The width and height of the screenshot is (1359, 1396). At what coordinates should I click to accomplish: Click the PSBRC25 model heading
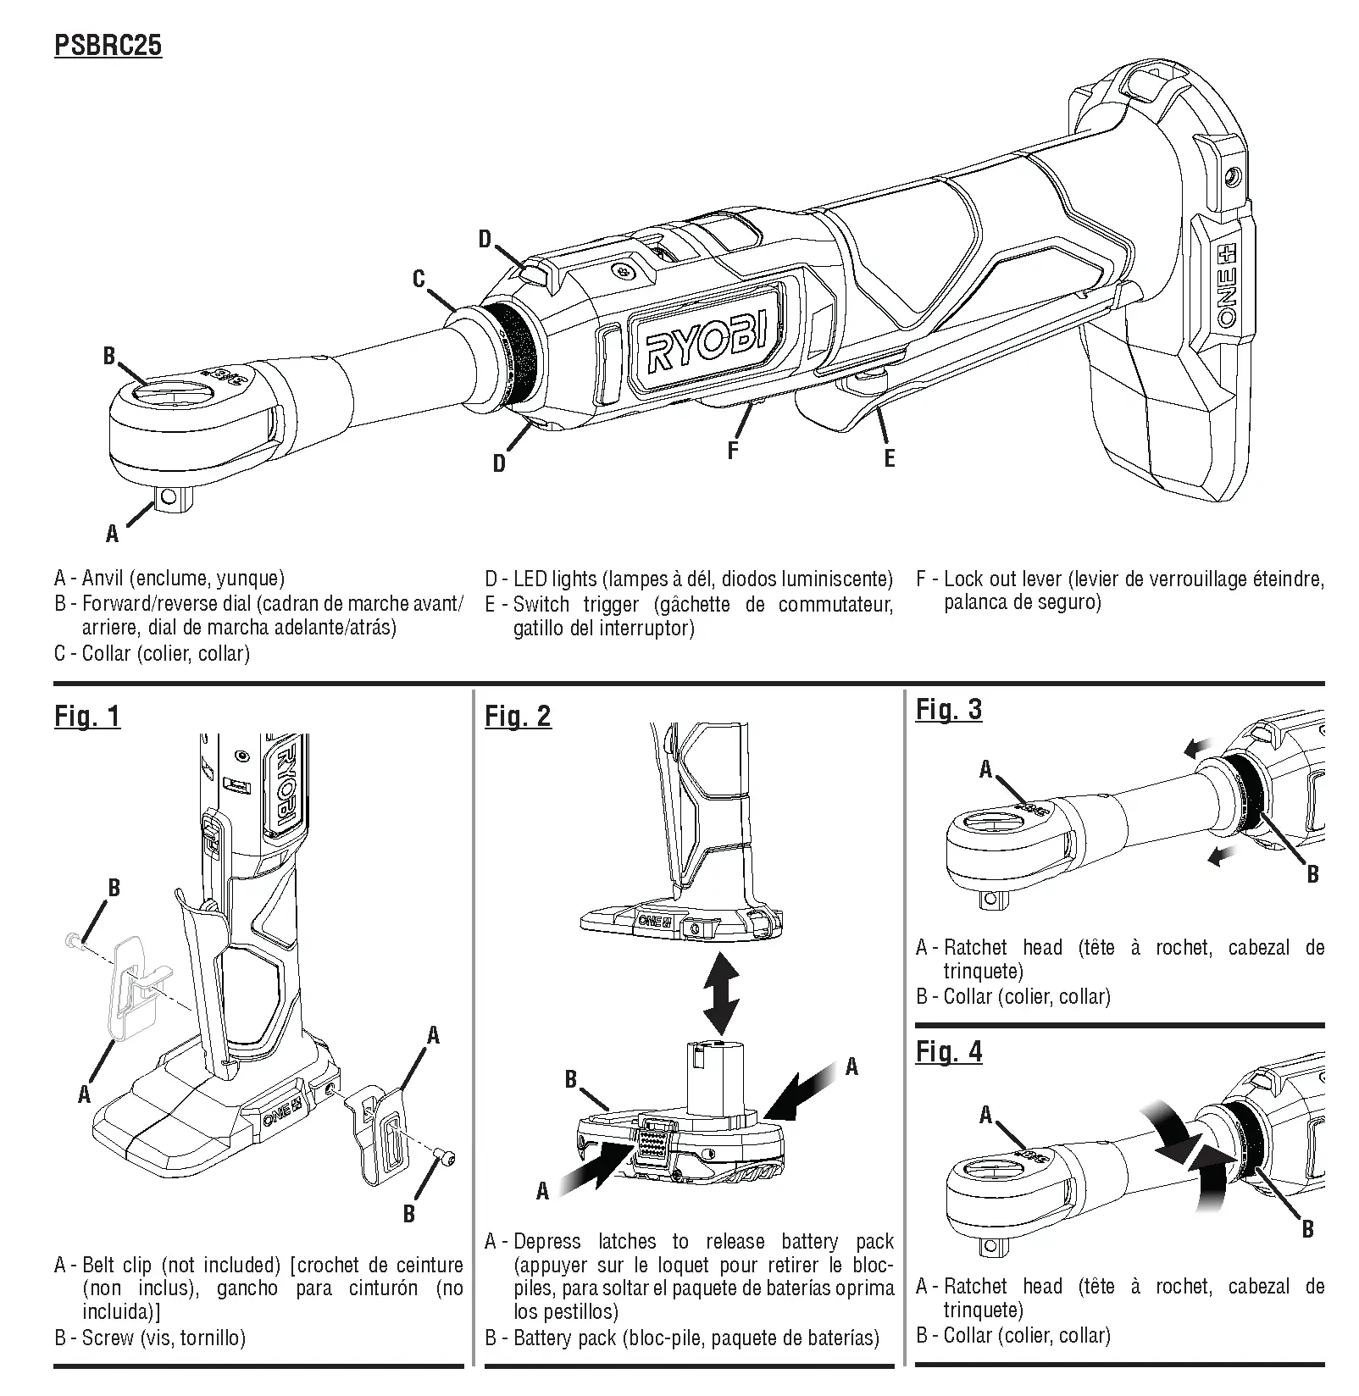[108, 44]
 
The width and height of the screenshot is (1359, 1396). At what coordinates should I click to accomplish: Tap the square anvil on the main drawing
[173, 497]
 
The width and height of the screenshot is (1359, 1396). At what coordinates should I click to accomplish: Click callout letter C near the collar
[419, 279]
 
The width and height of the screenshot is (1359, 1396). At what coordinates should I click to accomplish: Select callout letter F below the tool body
[733, 450]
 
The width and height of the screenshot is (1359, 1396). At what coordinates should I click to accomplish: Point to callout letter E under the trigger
[889, 458]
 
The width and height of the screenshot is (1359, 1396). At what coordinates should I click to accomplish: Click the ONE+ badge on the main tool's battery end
[1228, 286]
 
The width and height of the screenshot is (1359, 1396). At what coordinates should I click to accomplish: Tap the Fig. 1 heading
[87, 717]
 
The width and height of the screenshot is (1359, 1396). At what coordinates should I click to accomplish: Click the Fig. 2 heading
[518, 717]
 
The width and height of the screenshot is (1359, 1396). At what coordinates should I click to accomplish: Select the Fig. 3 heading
[948, 710]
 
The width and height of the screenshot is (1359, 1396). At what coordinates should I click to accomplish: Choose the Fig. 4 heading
[948, 1052]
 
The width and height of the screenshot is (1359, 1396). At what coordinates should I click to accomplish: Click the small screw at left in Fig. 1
[72, 939]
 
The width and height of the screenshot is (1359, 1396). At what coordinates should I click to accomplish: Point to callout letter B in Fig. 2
[571, 1079]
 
